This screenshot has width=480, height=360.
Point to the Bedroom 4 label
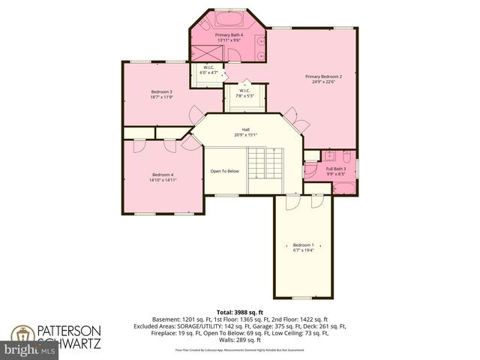pos(163,177)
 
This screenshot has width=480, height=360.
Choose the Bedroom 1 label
pos(304,247)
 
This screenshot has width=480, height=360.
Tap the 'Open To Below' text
pos(224,171)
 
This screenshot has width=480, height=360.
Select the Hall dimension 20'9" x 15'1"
pos(245,135)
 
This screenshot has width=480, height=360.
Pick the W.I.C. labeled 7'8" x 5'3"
pos(245,94)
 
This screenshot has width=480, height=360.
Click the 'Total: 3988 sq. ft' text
pos(239,312)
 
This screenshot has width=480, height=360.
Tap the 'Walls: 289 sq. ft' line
pos(240,340)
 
